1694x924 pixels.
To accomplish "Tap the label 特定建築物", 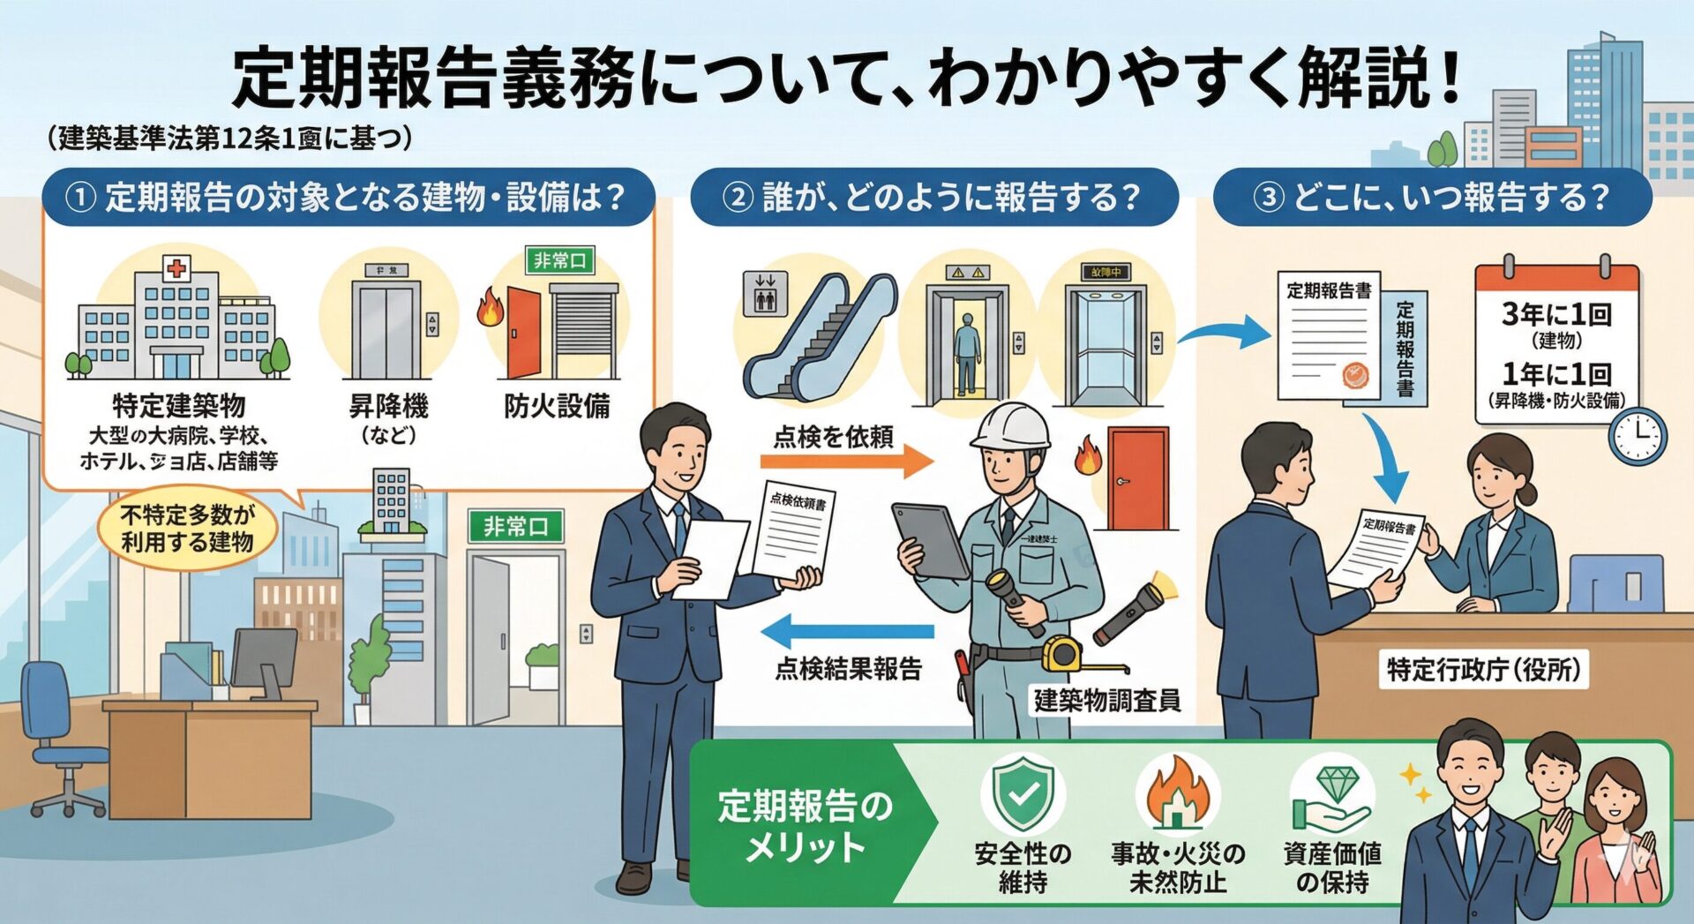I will coord(178,406).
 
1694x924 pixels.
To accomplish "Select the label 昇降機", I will coord(388,406).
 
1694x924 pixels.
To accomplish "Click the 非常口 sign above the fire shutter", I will coord(559,260).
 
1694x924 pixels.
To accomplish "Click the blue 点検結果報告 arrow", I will coord(847,632).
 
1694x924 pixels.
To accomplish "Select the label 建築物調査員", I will coord(1106,701).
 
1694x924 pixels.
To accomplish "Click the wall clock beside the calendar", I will coord(1637,436).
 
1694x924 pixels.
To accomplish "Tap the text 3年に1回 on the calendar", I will coord(1556,314).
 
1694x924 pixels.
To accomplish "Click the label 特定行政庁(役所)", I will coord(1483,670).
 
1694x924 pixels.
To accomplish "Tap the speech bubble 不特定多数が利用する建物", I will coord(187,528).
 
